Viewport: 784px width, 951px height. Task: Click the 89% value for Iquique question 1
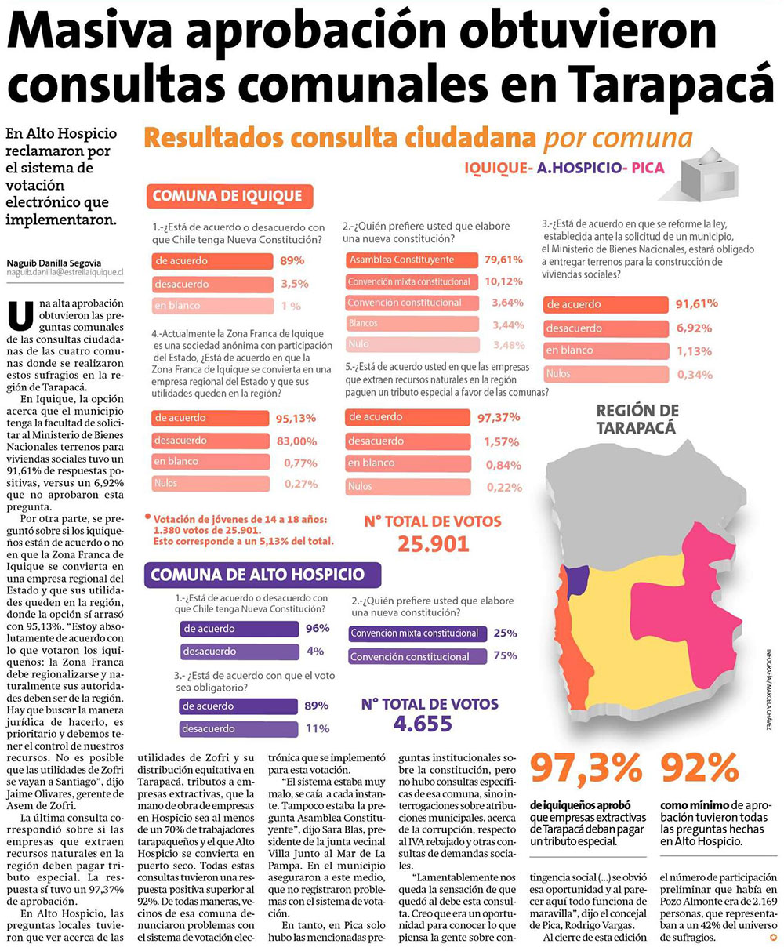click(292, 260)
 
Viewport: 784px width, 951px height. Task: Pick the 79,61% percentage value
click(503, 260)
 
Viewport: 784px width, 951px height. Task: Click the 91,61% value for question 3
click(696, 303)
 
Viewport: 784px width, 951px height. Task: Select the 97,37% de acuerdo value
click(499, 418)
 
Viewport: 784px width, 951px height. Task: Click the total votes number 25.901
click(433, 544)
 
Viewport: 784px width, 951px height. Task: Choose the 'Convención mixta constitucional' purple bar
click(415, 633)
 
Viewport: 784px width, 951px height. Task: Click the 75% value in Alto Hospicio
click(506, 656)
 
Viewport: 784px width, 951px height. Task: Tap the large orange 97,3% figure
click(586, 769)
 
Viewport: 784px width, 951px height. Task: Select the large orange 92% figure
click(700, 769)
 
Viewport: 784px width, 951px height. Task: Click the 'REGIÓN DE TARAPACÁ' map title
click(637, 419)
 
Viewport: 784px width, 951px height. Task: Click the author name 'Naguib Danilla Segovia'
click(53, 262)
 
